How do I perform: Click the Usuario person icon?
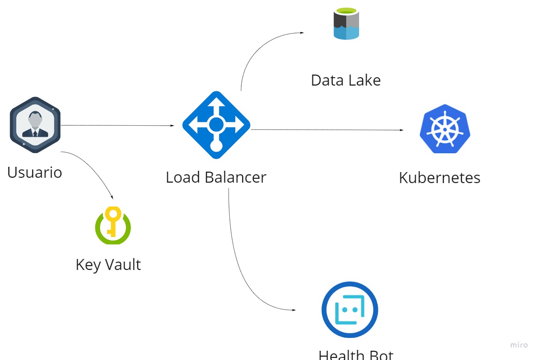35,125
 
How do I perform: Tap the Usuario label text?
35,172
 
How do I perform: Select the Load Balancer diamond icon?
216,125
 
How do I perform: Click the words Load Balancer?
216,177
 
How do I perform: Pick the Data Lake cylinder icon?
346,24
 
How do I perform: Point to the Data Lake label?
346,80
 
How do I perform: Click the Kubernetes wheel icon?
445,129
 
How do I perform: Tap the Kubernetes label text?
440,178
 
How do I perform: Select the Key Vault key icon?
113,225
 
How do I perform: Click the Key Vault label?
108,265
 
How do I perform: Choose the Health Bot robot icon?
350,310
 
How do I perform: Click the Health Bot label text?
356,355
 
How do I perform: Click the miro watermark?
519,345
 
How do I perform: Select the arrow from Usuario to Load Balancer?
117,125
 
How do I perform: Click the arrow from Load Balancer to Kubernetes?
327,130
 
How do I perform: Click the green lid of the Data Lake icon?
346,11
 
